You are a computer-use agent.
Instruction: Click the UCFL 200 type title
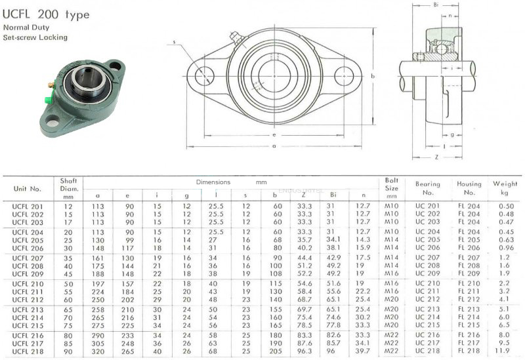click(46, 14)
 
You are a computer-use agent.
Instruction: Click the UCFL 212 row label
click(28, 300)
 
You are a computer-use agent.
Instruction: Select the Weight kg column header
click(505, 188)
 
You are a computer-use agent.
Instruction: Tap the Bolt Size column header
click(391, 188)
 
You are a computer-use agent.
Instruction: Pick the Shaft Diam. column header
click(68, 189)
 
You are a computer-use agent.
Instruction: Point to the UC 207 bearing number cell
click(427, 258)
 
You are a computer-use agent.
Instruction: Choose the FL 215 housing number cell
click(469, 325)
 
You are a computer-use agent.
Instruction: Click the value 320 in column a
click(98, 351)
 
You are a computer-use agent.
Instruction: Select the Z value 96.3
click(304, 351)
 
